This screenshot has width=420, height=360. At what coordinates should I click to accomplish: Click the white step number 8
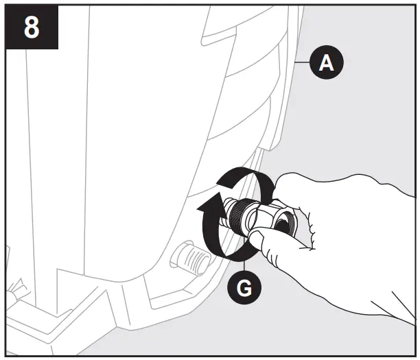tap(31, 29)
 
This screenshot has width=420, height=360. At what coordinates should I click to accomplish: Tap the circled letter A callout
tap(327, 63)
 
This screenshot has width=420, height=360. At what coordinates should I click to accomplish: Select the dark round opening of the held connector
tap(285, 225)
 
